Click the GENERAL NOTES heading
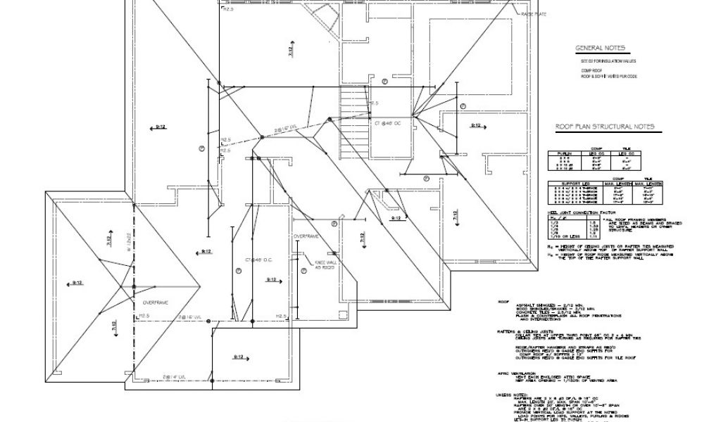599,49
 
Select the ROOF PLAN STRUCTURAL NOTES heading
605,127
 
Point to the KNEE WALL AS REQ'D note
325,264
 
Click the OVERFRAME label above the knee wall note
307,236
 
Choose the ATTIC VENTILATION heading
518,373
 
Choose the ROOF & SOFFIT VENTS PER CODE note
608,76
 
